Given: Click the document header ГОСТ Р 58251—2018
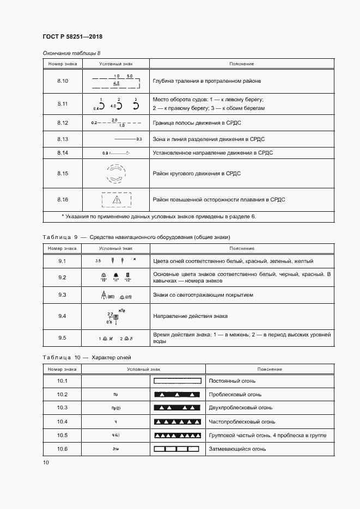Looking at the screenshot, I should tap(72, 36).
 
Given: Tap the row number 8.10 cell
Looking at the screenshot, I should tap(62, 81).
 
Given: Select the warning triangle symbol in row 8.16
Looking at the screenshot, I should tap(115, 200).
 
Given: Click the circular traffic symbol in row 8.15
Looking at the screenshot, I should tap(115, 174).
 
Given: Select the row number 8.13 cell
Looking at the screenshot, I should tap(62, 139).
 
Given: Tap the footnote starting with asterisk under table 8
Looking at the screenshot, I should tap(158, 216).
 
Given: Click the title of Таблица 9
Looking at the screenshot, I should tap(136, 237).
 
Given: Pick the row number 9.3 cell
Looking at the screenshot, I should tap(62, 295).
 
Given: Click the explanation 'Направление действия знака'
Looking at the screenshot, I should tap(191, 316).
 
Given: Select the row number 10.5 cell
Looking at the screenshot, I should tap(62, 435).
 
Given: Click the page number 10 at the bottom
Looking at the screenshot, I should tap(46, 463).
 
